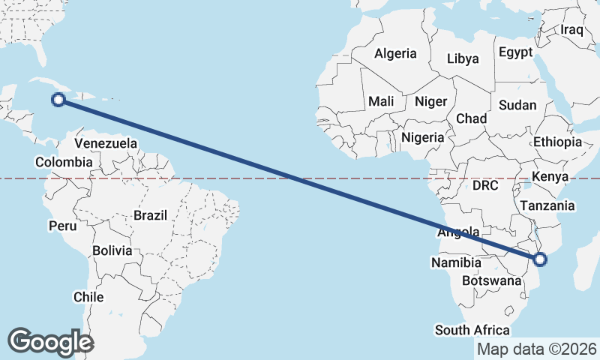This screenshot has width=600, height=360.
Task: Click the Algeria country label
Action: (x=395, y=54)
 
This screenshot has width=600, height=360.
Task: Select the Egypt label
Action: (x=515, y=52)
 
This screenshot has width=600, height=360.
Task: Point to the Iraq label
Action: (x=571, y=30)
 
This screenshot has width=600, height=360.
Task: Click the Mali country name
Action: (x=381, y=101)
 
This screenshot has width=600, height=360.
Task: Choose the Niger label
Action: (x=430, y=101)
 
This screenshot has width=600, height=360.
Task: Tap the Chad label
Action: (x=471, y=118)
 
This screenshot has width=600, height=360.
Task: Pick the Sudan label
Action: (x=517, y=105)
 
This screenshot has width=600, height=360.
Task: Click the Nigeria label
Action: (x=423, y=137)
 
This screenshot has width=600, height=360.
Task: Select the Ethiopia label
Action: (x=557, y=142)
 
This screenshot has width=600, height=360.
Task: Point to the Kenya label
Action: (x=551, y=177)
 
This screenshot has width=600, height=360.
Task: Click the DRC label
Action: (x=486, y=185)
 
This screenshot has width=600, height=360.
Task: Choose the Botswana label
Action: (x=491, y=280)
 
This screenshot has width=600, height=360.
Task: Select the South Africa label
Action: (x=472, y=330)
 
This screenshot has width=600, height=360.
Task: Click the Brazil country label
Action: (x=150, y=215)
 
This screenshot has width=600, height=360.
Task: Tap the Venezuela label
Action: (x=106, y=142)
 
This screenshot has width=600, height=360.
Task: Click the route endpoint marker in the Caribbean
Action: (x=58, y=99)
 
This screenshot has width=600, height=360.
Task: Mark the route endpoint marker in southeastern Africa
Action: (x=540, y=260)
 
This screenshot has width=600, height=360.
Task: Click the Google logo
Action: (x=51, y=342)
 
